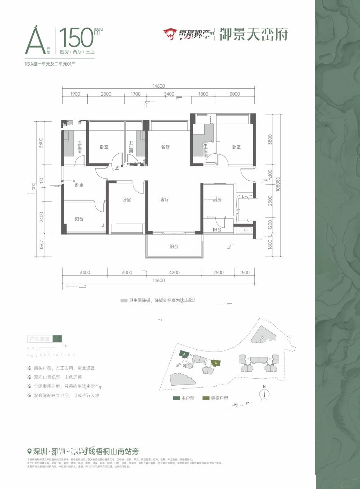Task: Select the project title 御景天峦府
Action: tap(254, 35)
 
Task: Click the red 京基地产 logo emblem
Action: tap(170, 34)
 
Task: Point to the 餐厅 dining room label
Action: tap(165, 147)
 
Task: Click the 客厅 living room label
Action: tap(164, 200)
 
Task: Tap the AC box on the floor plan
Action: tap(245, 230)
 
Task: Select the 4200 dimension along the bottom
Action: tap(174, 273)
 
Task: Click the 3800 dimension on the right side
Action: tap(269, 140)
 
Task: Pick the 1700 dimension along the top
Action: tap(135, 94)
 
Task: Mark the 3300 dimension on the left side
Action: tap(41, 143)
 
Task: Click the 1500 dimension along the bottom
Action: tap(245, 273)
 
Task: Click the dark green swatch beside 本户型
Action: tap(176, 398)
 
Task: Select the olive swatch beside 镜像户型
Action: tap(206, 398)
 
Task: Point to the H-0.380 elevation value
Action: tap(188, 300)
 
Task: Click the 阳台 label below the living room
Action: tap(174, 247)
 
